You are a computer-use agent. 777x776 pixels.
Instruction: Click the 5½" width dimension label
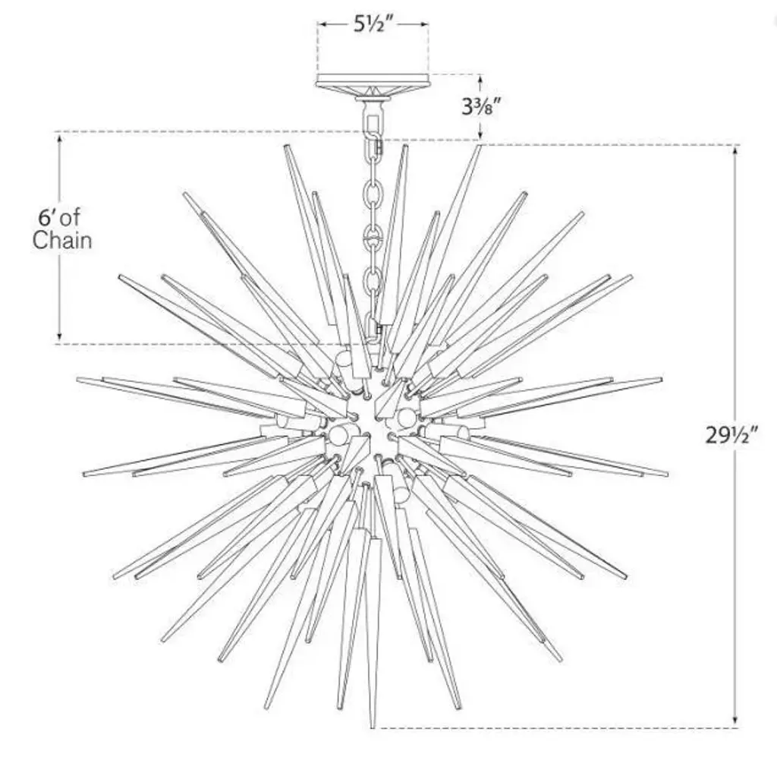tap(372, 24)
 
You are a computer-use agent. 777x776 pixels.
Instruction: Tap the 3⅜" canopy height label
tap(480, 106)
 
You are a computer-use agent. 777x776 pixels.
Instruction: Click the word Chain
tap(62, 240)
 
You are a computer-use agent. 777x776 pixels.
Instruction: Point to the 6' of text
tap(59, 217)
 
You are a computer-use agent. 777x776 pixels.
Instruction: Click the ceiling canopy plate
tap(372, 82)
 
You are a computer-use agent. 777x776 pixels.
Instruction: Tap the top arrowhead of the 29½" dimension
tap(735, 151)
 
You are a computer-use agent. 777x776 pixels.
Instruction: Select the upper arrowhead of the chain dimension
tap(60, 139)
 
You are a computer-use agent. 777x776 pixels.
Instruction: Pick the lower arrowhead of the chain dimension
tap(60, 336)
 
